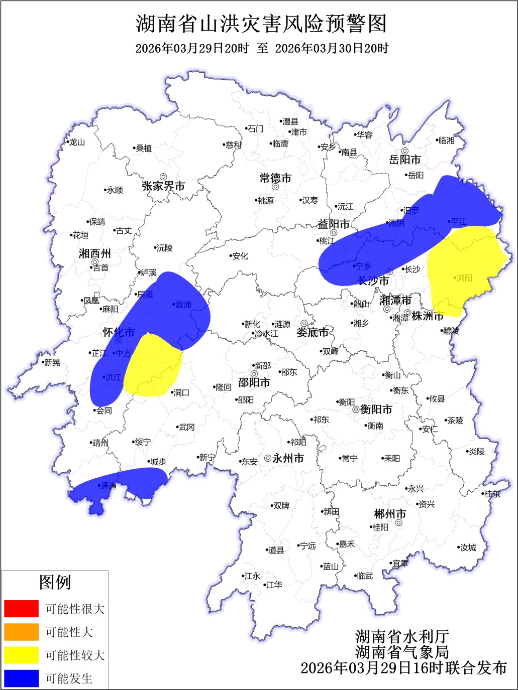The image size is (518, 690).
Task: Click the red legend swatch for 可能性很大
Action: pyautogui.click(x=21, y=609)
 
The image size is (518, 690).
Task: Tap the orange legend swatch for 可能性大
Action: pyautogui.click(x=21, y=632)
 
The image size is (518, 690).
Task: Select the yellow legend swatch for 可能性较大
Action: pyautogui.click(x=21, y=655)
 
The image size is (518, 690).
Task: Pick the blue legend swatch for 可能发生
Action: pyautogui.click(x=21, y=678)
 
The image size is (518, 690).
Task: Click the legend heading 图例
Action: pyautogui.click(x=55, y=582)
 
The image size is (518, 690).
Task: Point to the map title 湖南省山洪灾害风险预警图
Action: pyautogui.click(x=261, y=24)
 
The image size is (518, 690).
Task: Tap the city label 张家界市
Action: pyautogui.click(x=163, y=186)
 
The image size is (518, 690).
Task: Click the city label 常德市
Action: pyautogui.click(x=275, y=178)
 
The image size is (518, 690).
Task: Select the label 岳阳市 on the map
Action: pyautogui.click(x=405, y=160)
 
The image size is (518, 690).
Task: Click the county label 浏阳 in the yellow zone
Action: pyautogui.click(x=464, y=278)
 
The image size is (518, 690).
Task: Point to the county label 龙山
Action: pyautogui.click(x=77, y=143)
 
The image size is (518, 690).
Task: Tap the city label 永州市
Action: pyautogui.click(x=288, y=458)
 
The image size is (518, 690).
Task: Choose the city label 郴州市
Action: pyautogui.click(x=390, y=514)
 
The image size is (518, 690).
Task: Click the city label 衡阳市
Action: pyautogui.click(x=376, y=409)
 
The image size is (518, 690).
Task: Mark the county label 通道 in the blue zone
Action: pyautogui.click(x=109, y=486)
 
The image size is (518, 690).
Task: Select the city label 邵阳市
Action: pyautogui.click(x=254, y=382)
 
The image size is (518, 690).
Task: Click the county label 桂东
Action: pyautogui.click(x=492, y=494)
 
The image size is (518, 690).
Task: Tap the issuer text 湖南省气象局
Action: pyautogui.click(x=402, y=652)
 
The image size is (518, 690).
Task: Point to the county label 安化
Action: pyautogui.click(x=240, y=256)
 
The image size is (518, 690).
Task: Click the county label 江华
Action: pyautogui.click(x=274, y=585)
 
